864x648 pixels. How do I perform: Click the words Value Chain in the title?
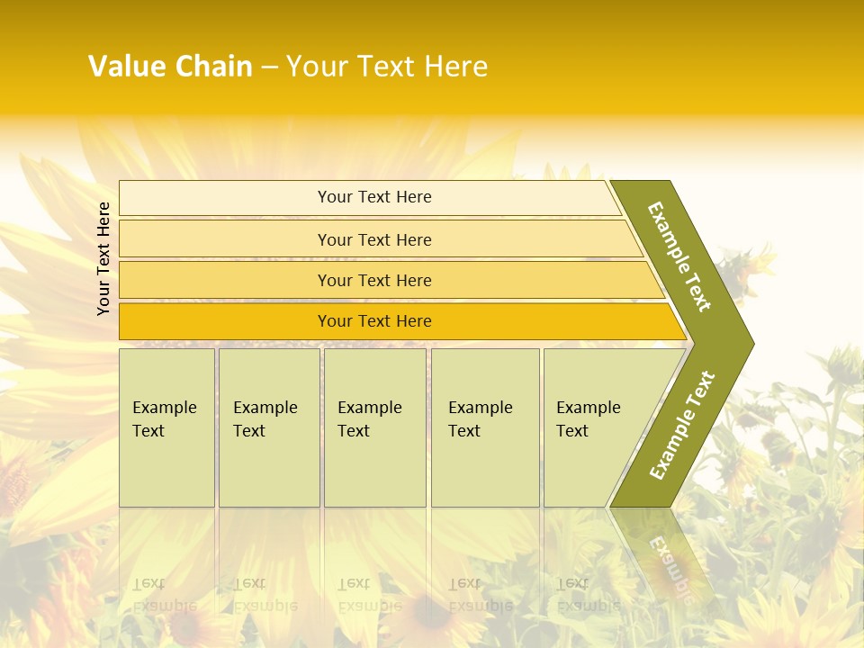(170, 67)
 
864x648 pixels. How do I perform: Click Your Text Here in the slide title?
(387, 67)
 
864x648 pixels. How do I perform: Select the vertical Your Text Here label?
(104, 258)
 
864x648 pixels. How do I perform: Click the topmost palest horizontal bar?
(225, 198)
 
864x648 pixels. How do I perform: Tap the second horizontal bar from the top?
(225, 239)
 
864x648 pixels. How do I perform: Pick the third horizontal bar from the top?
(225, 280)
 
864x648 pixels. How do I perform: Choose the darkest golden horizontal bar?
(225, 321)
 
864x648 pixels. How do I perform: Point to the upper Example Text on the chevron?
(679, 256)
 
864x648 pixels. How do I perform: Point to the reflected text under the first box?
(165, 595)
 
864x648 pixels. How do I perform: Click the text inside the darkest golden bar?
(374, 321)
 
